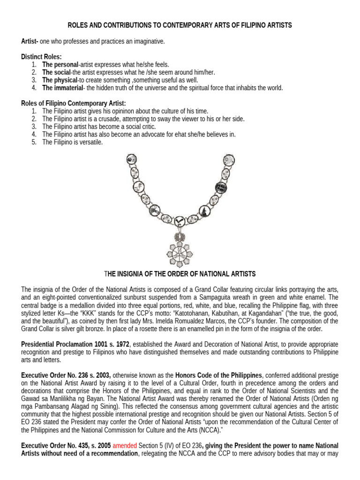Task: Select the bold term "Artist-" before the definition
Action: tap(30, 42)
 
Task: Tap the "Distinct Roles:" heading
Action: tap(41, 57)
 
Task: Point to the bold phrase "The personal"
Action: tap(60, 64)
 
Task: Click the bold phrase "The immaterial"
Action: tap(62, 88)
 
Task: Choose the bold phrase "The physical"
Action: tap(60, 80)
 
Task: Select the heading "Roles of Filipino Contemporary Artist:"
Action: tap(73, 103)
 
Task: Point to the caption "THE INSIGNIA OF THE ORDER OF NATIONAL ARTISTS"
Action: tap(180, 274)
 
